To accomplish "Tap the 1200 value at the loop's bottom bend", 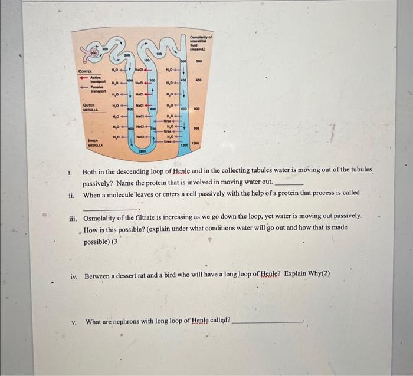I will (142, 151).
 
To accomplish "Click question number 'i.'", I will (70, 173).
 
